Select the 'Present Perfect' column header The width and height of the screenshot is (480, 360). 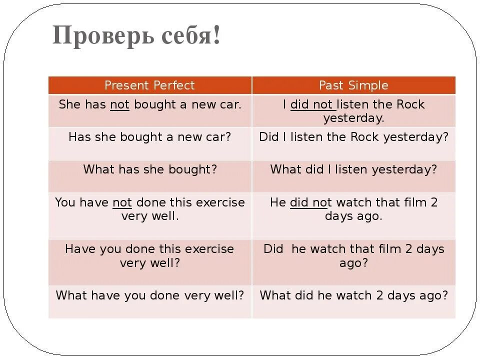click(x=149, y=85)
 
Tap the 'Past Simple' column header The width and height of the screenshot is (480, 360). click(x=353, y=85)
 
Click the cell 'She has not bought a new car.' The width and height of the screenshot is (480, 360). click(x=150, y=105)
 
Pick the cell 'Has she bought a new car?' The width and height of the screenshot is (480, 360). click(x=150, y=137)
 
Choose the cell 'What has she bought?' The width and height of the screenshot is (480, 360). click(x=150, y=169)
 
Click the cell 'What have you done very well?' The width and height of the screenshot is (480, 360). click(x=150, y=295)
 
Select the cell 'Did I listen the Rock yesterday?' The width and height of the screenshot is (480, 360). click(x=353, y=137)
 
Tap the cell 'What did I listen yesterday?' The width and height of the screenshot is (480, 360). click(x=353, y=169)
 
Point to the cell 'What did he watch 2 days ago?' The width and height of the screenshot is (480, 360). click(x=353, y=295)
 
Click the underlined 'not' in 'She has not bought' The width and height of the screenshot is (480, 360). click(x=119, y=105)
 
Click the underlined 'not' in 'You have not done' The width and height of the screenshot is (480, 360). click(x=122, y=202)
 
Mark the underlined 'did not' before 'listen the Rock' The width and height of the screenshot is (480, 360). click(x=311, y=105)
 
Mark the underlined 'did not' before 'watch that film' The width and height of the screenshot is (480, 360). click(x=310, y=202)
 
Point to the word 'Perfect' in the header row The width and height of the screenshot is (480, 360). click(x=174, y=85)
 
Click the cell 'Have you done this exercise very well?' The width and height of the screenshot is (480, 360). click(x=150, y=255)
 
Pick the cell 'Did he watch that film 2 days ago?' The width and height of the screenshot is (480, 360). click(x=353, y=255)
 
